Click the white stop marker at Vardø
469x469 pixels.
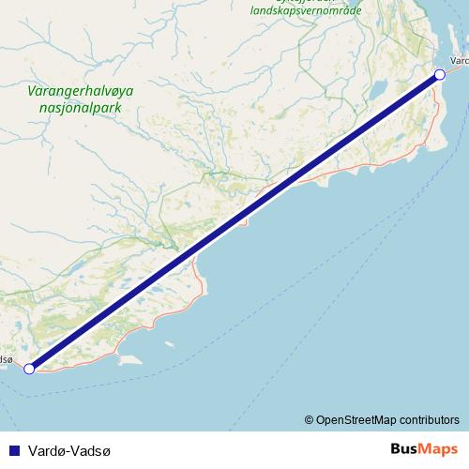tap(439, 75)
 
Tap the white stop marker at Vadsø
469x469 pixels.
tap(29, 369)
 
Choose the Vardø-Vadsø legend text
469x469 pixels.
tap(68, 450)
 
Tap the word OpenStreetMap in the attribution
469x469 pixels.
tap(362, 419)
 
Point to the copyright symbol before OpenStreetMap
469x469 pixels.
tap(309, 419)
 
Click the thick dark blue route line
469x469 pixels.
tap(234, 221)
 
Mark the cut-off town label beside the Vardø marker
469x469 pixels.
tap(460, 62)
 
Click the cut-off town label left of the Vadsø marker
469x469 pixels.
tap(7, 358)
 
